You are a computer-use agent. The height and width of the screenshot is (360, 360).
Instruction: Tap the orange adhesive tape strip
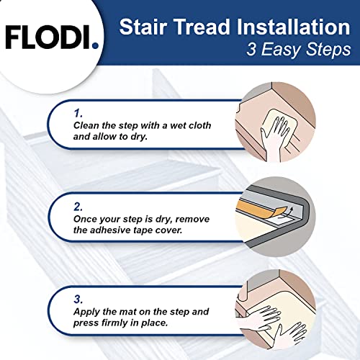[x=270, y=208]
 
